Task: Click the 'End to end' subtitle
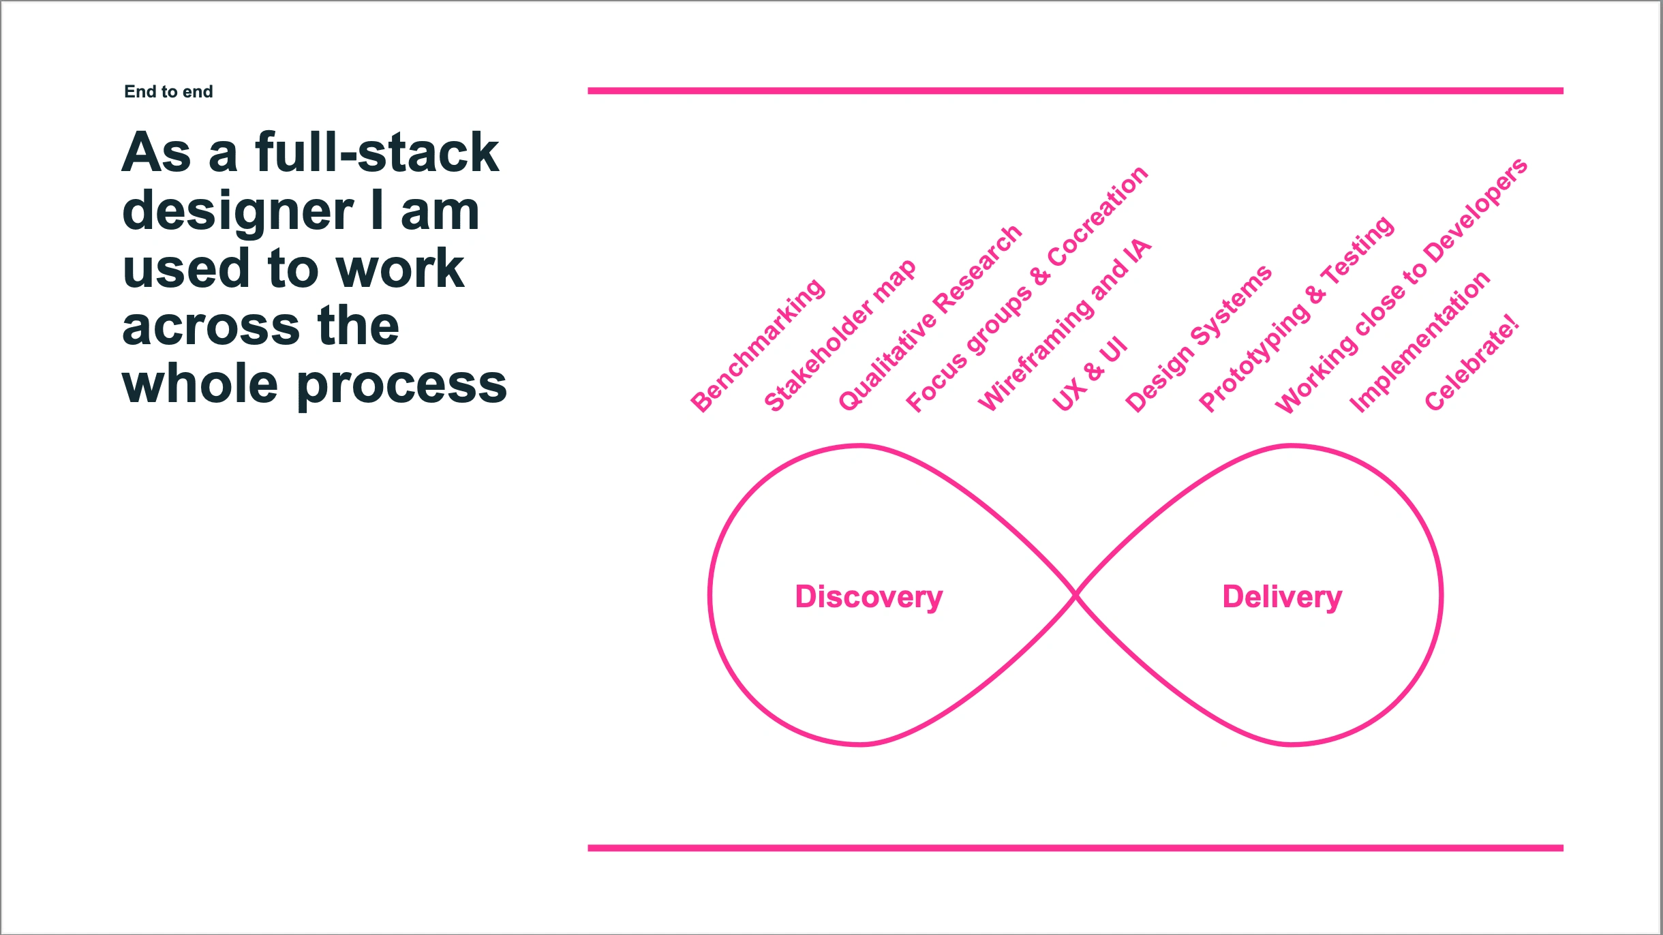coord(168,91)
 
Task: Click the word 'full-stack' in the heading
coord(377,152)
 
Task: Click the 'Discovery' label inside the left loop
coord(869,598)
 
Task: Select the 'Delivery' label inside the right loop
coord(1282,598)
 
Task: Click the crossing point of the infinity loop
coord(1075,596)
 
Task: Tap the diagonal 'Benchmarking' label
coord(758,346)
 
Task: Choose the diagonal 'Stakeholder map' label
coord(840,336)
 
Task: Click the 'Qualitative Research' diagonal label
coord(930,318)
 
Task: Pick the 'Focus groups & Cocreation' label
coord(1027,289)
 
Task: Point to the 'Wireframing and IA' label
coord(1065,325)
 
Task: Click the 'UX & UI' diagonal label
coord(1089,373)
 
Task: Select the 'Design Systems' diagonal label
coord(1198,339)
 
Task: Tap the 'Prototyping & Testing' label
coord(1296,314)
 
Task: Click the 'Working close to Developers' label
coord(1401,285)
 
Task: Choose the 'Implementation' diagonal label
coord(1420,342)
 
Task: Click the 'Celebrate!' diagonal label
coord(1472,363)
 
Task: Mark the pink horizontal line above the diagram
coord(1075,91)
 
